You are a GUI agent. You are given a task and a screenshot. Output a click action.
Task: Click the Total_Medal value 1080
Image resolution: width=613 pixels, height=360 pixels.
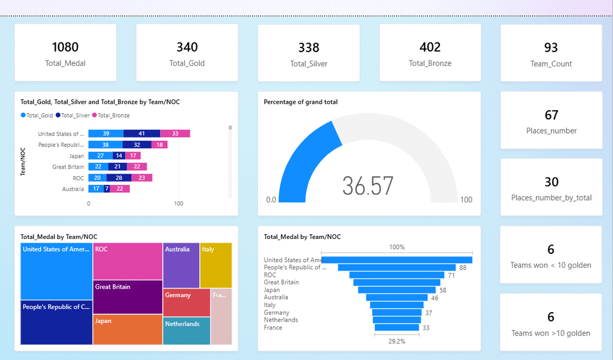tap(65, 47)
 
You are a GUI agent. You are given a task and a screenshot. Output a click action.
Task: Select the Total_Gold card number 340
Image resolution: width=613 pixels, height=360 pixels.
tap(187, 47)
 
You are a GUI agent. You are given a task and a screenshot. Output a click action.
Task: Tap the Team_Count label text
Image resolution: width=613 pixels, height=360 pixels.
tap(551, 63)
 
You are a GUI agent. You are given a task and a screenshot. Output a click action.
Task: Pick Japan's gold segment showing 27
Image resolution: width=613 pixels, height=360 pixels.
tap(101, 156)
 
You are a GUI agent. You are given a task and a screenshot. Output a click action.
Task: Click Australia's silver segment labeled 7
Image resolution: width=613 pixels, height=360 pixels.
tap(107, 189)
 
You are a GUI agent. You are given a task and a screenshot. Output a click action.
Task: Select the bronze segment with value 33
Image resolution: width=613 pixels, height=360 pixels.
tap(175, 134)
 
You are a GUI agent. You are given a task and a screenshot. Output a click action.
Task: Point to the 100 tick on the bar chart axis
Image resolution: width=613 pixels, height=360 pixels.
tap(178, 204)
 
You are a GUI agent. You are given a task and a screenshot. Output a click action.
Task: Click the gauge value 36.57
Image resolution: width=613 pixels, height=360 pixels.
tap(368, 186)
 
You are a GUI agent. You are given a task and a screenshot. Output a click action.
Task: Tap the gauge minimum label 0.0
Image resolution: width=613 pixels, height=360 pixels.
tap(271, 200)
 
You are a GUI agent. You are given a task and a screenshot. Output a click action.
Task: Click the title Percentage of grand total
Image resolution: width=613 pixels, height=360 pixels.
tap(301, 102)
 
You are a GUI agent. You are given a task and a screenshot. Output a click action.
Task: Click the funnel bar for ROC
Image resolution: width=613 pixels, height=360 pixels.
tap(395, 275)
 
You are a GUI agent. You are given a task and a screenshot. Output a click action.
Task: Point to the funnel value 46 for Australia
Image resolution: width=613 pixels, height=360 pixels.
tap(435, 298)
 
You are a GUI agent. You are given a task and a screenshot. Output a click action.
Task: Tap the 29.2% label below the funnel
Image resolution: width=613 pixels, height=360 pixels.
tap(396, 341)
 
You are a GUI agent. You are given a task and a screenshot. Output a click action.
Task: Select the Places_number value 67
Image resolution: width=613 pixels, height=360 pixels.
tap(551, 114)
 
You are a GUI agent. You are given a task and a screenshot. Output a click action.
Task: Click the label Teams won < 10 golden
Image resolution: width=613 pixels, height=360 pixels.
tap(551, 265)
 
